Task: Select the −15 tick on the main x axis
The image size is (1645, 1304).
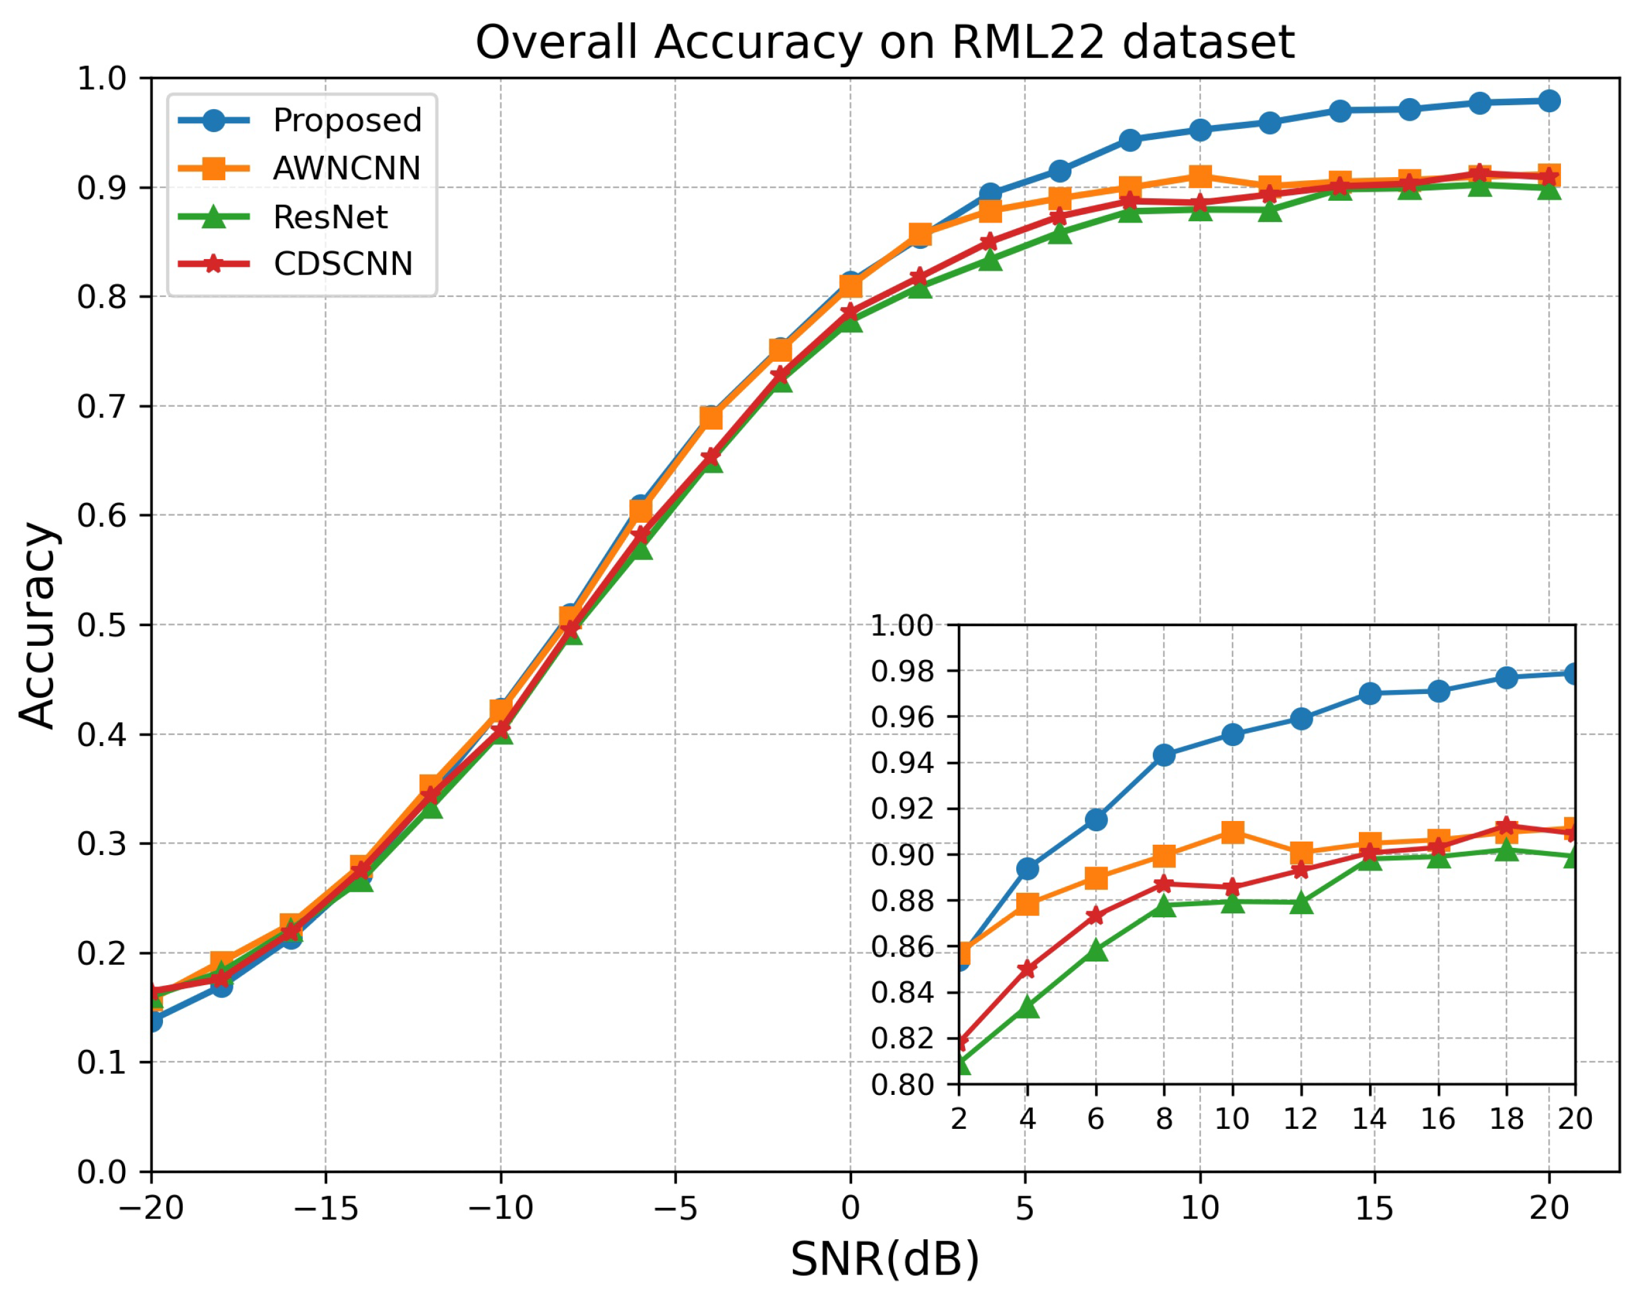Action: pos(326,1208)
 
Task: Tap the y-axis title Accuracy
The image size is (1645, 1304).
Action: pos(37,625)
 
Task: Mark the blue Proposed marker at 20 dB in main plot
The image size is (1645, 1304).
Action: pos(1549,101)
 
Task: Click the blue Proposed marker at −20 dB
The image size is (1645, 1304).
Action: pos(152,1020)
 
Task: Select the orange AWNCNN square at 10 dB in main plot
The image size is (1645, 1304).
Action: pos(1200,177)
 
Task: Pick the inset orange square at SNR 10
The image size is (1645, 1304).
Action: pos(1232,832)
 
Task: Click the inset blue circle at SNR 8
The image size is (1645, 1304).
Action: pos(1164,756)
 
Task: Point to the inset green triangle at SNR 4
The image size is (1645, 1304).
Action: pos(1028,1007)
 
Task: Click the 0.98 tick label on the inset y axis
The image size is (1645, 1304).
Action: pos(902,672)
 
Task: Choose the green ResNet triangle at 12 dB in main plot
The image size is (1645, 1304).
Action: pos(1270,210)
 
